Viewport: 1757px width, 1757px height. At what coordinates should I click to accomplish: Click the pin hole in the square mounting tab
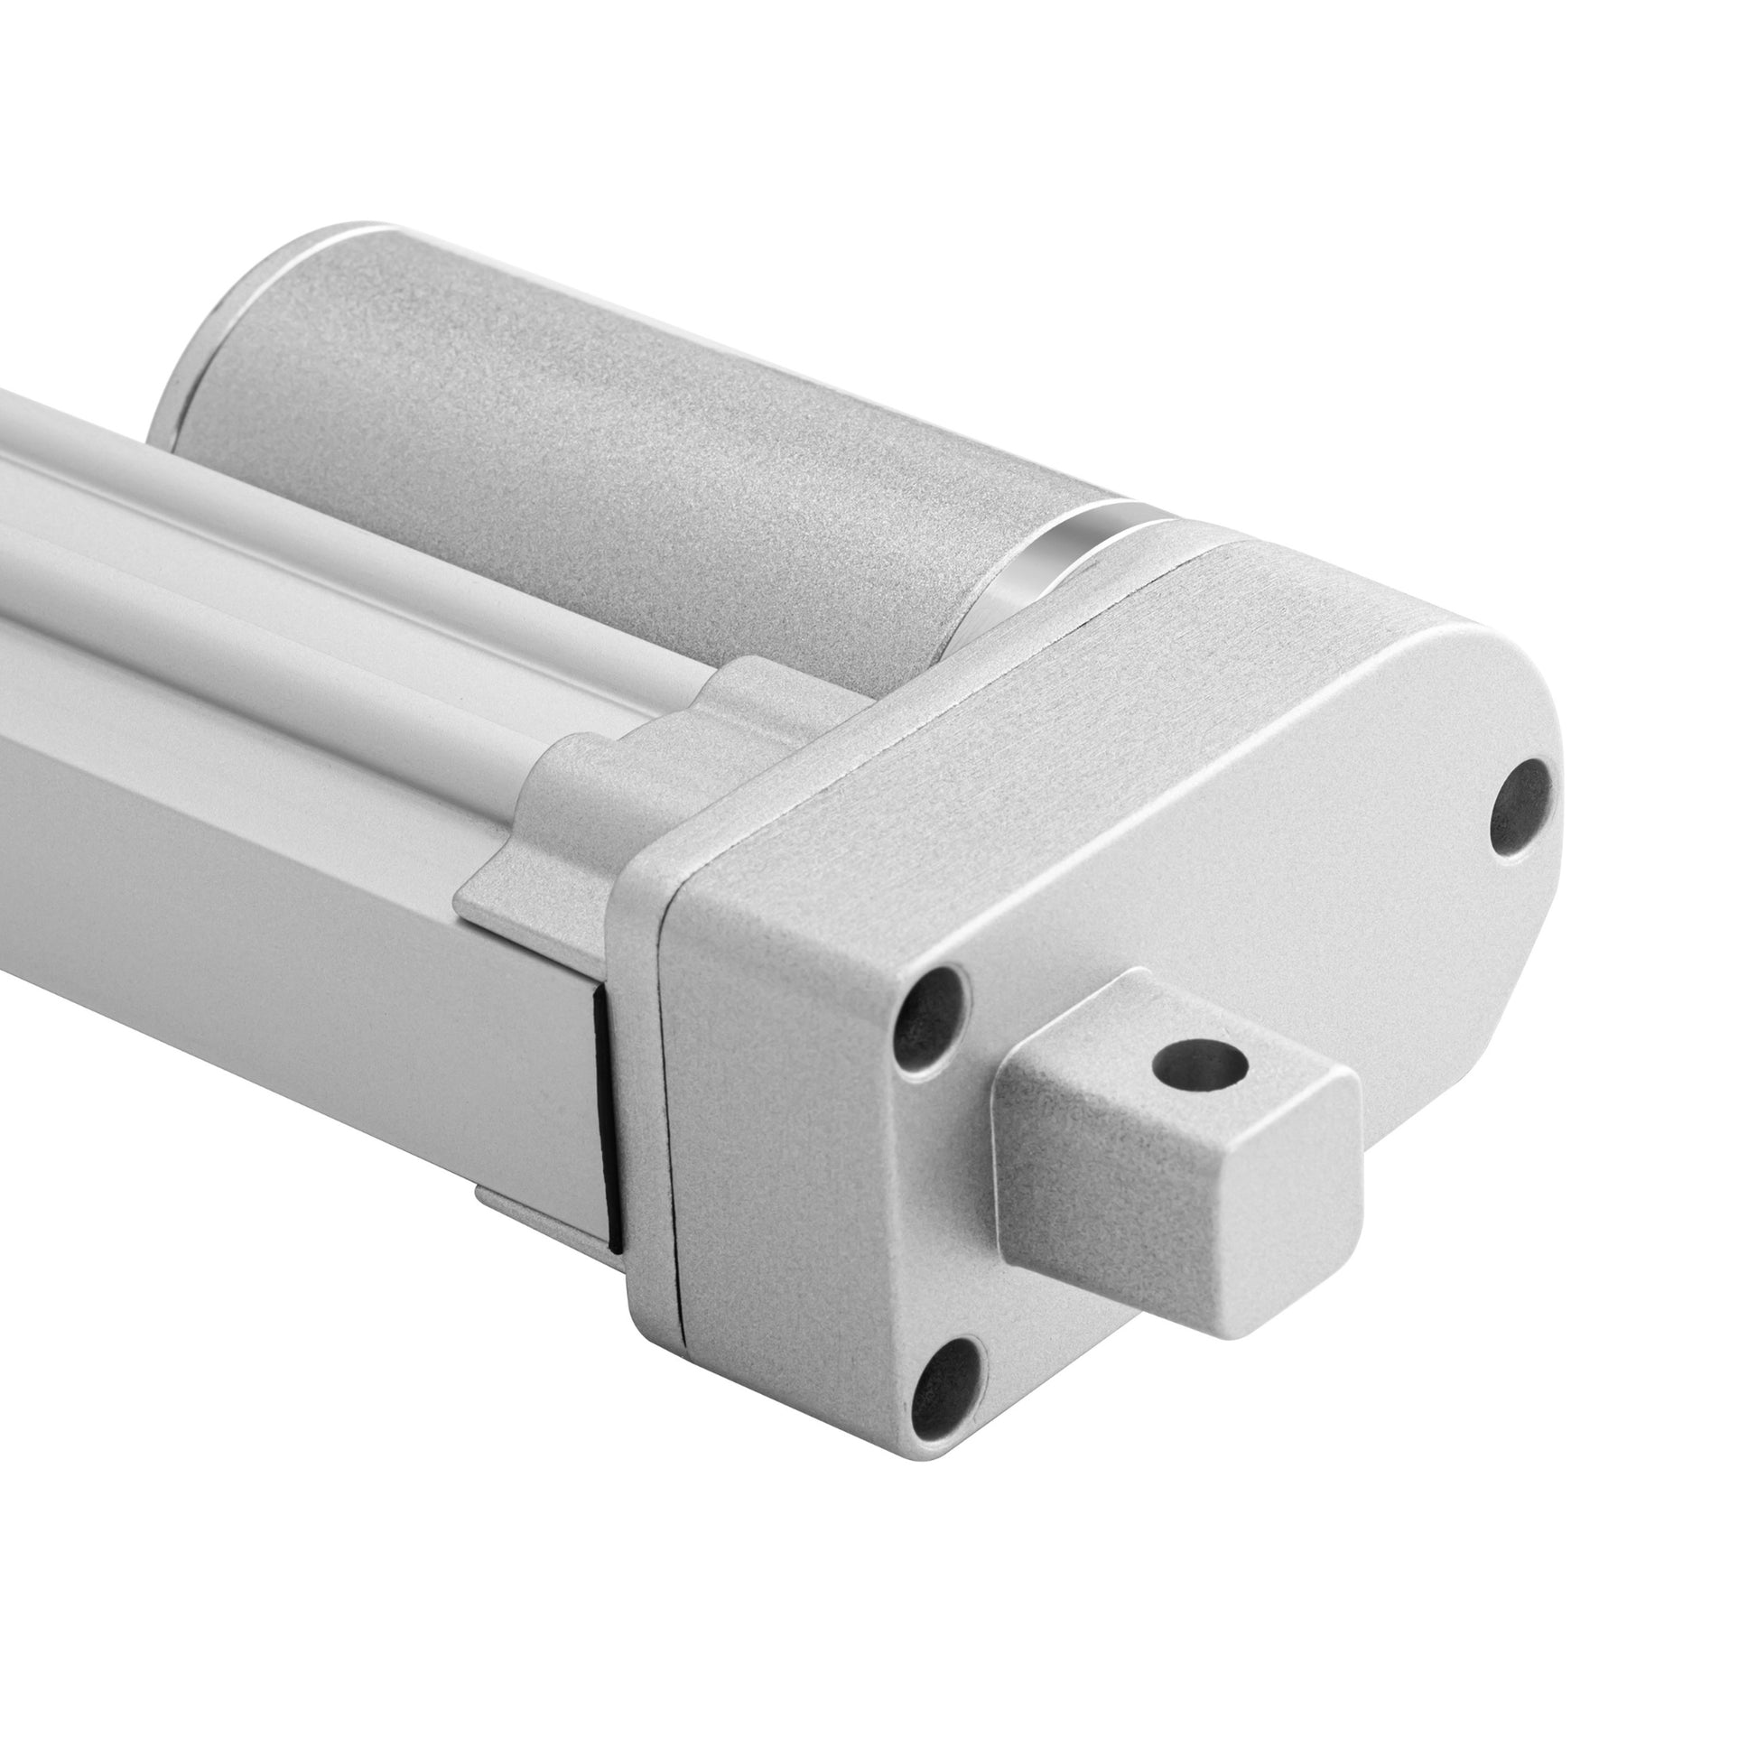(x=1198, y=1062)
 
